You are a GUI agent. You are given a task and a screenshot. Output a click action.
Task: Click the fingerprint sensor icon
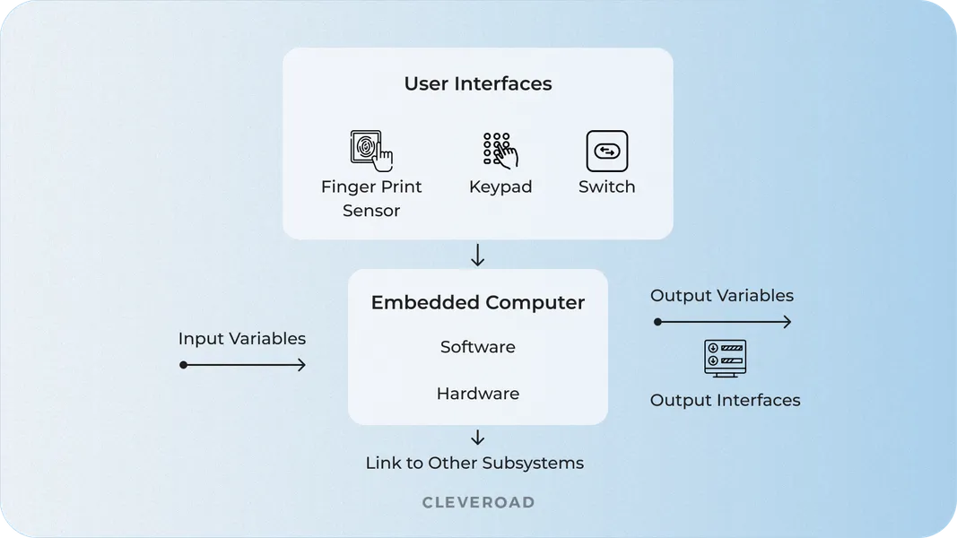(370, 151)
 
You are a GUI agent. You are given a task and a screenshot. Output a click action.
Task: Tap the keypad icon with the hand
(500, 151)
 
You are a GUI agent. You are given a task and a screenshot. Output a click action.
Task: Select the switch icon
(606, 151)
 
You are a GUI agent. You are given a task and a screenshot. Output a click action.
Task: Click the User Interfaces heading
(477, 84)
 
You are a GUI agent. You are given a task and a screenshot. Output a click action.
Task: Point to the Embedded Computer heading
(477, 303)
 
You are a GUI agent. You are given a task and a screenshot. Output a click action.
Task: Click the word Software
(477, 347)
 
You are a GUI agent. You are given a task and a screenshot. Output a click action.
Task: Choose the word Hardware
(477, 394)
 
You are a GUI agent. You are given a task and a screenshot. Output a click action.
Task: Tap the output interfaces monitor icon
(725, 358)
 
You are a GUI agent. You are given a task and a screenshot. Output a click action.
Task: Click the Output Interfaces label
(725, 400)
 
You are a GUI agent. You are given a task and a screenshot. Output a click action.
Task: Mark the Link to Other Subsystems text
(474, 464)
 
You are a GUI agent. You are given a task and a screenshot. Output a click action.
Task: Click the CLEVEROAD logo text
(478, 503)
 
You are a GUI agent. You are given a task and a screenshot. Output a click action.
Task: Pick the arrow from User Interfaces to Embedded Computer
(477, 256)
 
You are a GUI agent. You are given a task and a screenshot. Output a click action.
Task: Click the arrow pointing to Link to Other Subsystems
(477, 438)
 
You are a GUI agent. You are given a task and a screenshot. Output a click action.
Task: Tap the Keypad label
(500, 187)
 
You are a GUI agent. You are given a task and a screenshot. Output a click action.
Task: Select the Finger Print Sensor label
(370, 198)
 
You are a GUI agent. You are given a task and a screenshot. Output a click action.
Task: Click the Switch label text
(606, 187)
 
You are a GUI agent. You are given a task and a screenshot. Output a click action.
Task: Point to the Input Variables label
(241, 339)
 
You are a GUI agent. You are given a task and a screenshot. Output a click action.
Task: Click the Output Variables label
(721, 296)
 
